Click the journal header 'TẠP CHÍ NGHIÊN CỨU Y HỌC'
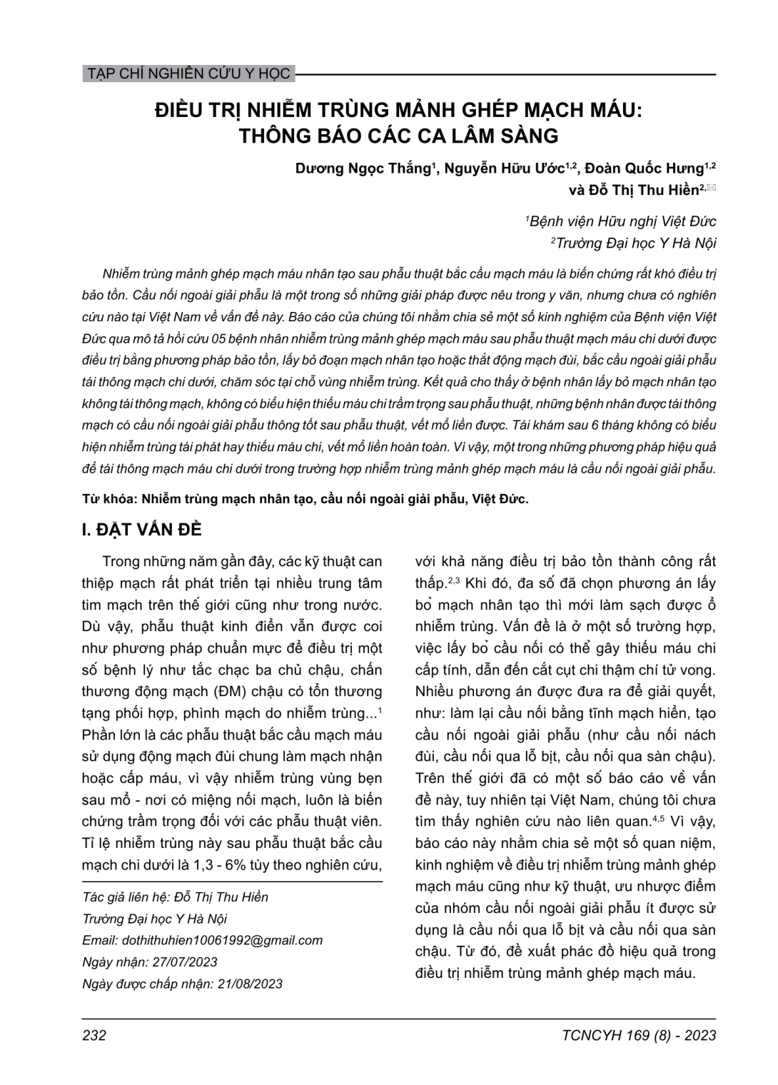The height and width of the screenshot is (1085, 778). [x=187, y=74]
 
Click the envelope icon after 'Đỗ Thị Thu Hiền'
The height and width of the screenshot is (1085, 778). [x=712, y=188]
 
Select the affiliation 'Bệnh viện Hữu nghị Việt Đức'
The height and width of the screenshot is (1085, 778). [x=622, y=221]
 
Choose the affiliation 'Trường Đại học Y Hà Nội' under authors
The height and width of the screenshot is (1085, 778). [x=635, y=243]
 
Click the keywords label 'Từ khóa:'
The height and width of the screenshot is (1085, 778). [x=107, y=499]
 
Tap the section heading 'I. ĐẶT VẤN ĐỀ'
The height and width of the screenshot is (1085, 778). [x=143, y=530]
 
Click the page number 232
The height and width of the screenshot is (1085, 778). [x=94, y=1035]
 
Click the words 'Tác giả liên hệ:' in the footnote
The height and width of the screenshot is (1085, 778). [x=126, y=897]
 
